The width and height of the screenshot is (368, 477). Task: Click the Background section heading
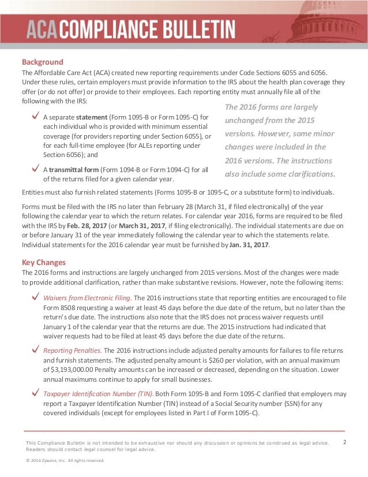tap(42, 62)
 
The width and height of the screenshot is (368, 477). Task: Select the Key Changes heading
tap(43, 262)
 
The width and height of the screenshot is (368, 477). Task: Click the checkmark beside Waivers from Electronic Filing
tap(36, 297)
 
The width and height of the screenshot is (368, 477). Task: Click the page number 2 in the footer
tap(344, 442)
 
